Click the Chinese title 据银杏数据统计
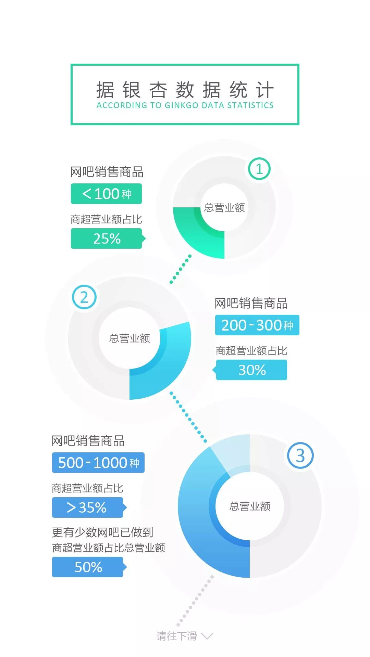pos(185,90)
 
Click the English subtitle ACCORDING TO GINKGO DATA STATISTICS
pos(185,105)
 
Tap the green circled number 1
pos(259,169)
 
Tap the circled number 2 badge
pos(84,297)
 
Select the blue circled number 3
pos(300,456)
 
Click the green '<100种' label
pos(106,194)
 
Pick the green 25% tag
pos(107,239)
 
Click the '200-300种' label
pos(257,325)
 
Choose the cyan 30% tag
pos(252,370)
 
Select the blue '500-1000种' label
pos(98,463)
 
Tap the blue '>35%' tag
pos(87,507)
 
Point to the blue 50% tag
pos(88,567)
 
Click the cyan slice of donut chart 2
pos(164,363)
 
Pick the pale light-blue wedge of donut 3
pos(233,452)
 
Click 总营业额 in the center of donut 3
pos(250,506)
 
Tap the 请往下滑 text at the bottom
pos(177,636)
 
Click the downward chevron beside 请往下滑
pos(207,636)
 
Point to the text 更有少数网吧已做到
pos(102,532)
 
